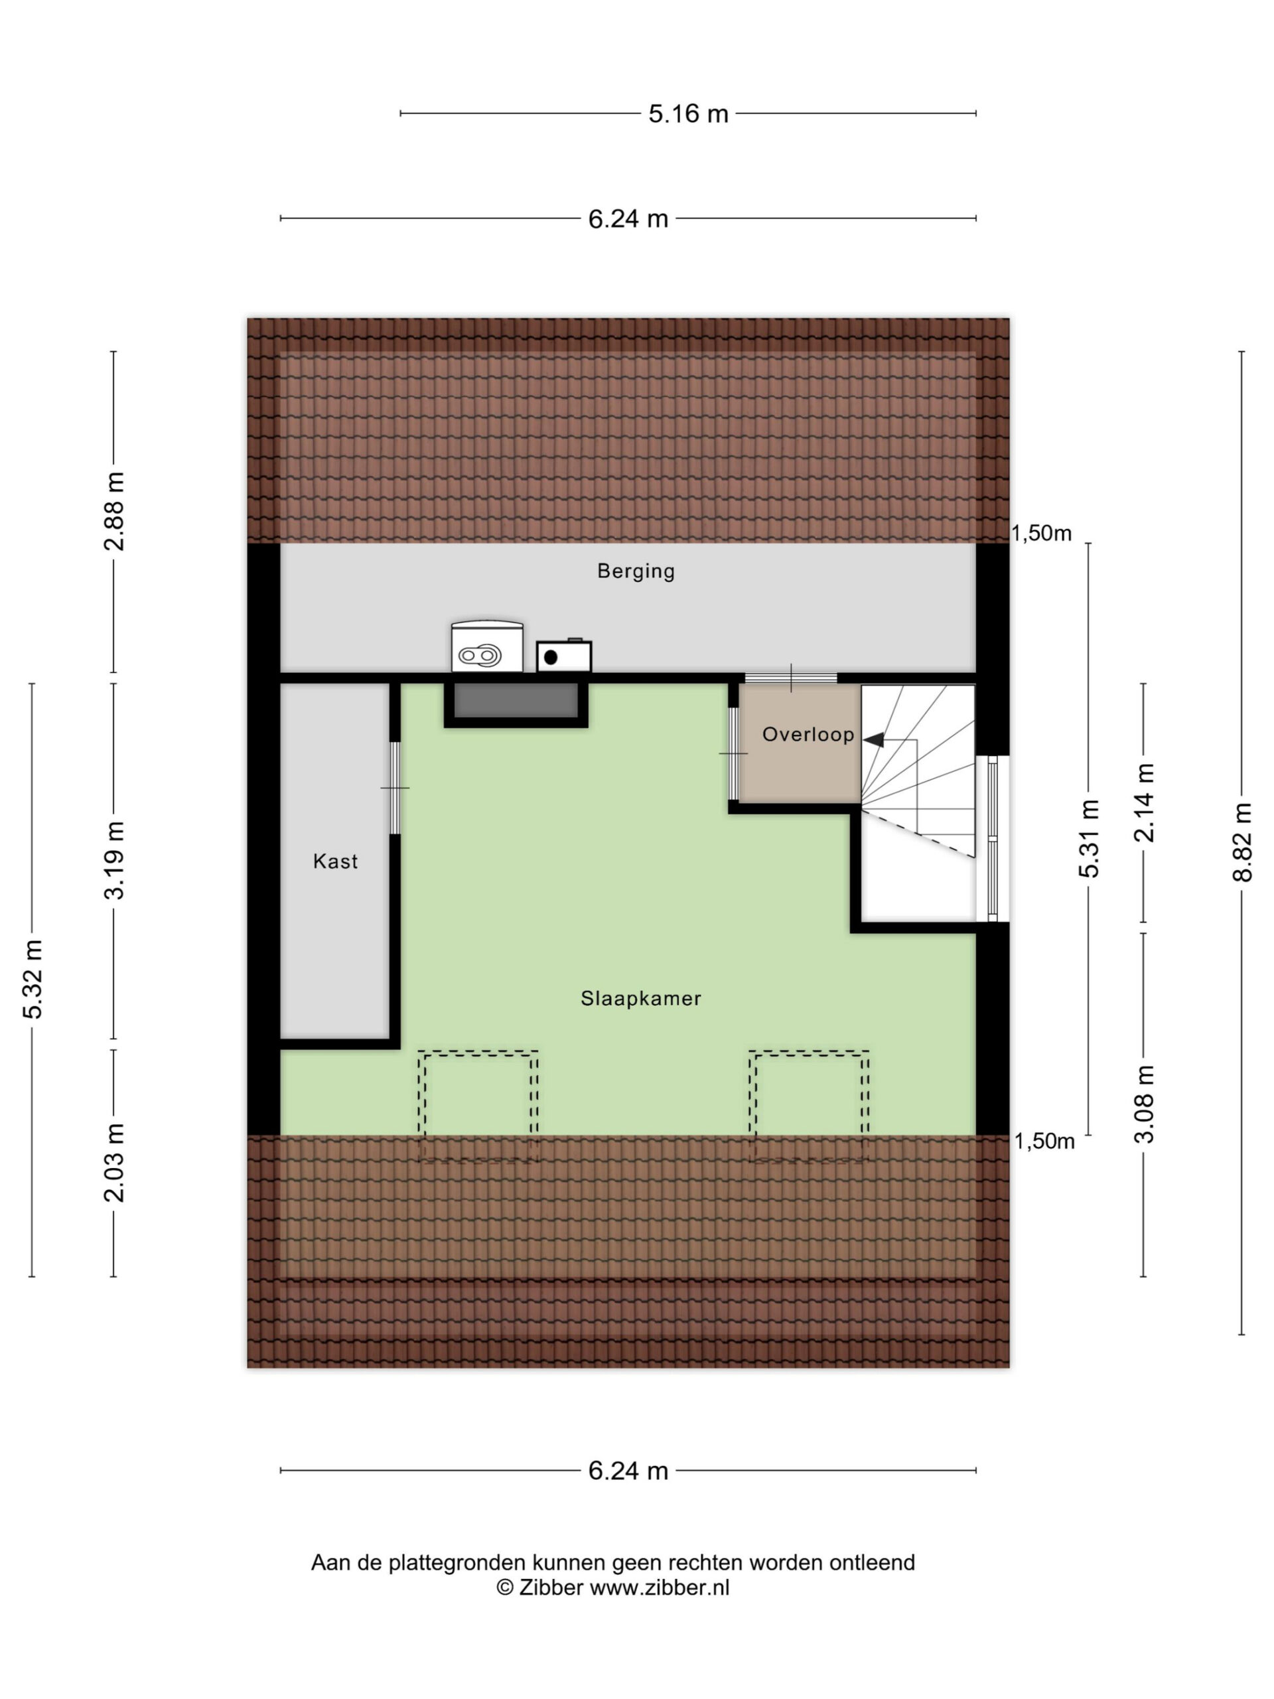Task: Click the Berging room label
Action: (635, 571)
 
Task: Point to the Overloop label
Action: (808, 734)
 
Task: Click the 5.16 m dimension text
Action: (688, 113)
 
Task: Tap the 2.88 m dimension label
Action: (114, 512)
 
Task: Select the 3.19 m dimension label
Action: (114, 859)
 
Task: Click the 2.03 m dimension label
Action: (114, 1163)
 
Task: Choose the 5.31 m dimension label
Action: (1089, 838)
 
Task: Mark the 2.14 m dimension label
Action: (1143, 802)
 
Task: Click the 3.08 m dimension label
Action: (1143, 1104)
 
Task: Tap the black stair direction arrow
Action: (873, 740)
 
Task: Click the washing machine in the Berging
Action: (487, 646)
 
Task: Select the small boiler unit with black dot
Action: (563, 655)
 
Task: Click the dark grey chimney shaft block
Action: (516, 700)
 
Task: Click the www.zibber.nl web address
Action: (660, 1588)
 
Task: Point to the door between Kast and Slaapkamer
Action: (395, 788)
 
